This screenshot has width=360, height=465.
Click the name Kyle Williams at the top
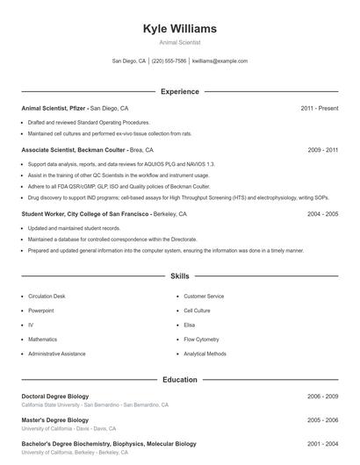pos(179,29)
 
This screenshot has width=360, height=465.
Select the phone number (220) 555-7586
pos(169,61)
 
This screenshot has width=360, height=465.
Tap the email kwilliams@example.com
pos(220,61)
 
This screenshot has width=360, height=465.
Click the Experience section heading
pos(179,91)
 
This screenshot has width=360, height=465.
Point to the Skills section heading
pos(179,276)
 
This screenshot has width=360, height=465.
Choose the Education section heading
pos(179,380)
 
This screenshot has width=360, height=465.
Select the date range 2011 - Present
pos(319,108)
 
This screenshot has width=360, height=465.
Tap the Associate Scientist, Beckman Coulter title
pos(74,150)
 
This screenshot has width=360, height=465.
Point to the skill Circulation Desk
pos(47,297)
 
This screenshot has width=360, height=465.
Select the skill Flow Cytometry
pos(202,339)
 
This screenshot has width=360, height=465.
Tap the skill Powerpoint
pos(40,311)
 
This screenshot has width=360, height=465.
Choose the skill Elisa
pos(190,325)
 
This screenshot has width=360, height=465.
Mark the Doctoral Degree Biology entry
pos(54,397)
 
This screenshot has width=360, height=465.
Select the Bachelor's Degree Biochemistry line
pos(108,444)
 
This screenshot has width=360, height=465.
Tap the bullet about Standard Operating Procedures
pos(89,122)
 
